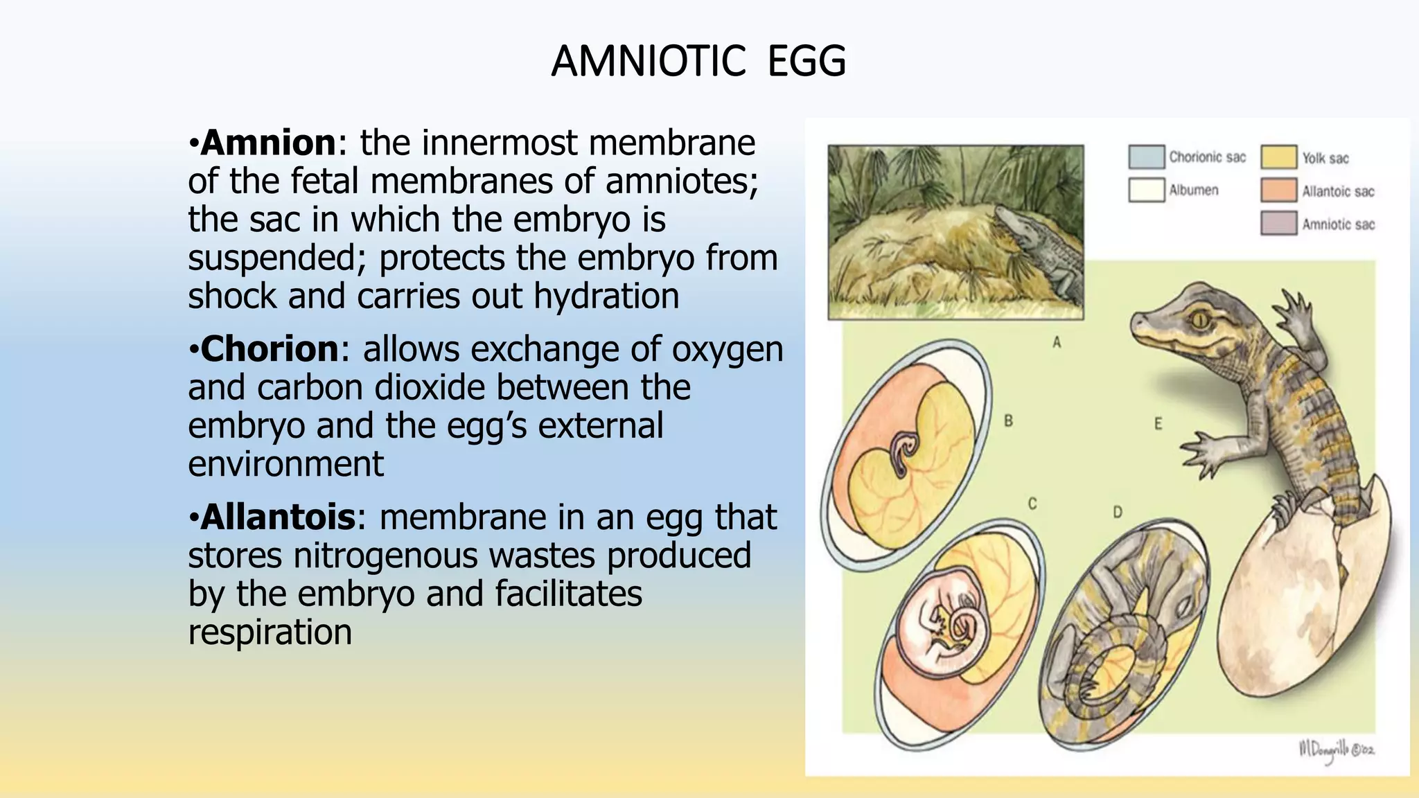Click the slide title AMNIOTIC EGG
coord(698,61)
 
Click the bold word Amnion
coord(268,143)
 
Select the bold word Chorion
coord(270,348)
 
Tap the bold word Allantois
coord(278,517)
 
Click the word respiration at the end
coord(270,632)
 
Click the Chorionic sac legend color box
coord(1146,157)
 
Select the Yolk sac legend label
coord(1325,158)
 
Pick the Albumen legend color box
coord(1146,190)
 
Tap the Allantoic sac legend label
coord(1337,191)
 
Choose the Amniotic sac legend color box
coord(1278,224)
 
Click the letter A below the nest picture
coord(1057,342)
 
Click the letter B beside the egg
coord(1008,420)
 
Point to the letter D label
coord(1117,512)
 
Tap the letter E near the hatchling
coord(1158,423)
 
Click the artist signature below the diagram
coord(1336,749)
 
